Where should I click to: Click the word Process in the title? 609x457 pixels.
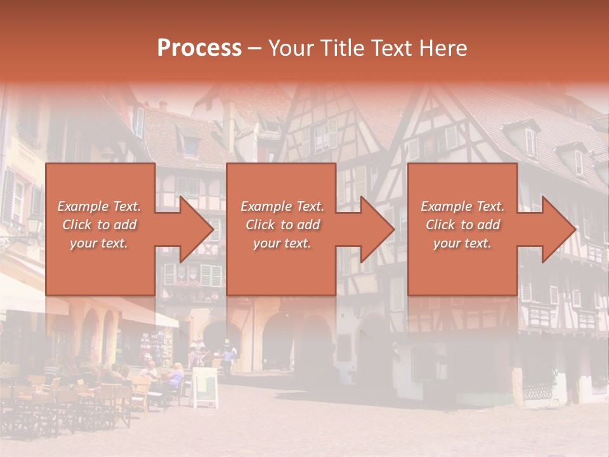pyautogui.click(x=199, y=48)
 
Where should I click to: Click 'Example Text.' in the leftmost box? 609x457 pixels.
pyautogui.click(x=99, y=206)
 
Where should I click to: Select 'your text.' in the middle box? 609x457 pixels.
pyautogui.click(x=282, y=243)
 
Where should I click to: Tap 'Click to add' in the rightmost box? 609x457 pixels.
pyautogui.click(x=462, y=225)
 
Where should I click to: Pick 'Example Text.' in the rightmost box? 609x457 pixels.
pyautogui.click(x=462, y=206)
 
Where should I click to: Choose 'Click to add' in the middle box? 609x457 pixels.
pyautogui.click(x=282, y=225)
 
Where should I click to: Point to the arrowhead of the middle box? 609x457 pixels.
pyautogui.click(x=376, y=229)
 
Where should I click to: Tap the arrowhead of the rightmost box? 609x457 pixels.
pyautogui.click(x=557, y=229)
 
